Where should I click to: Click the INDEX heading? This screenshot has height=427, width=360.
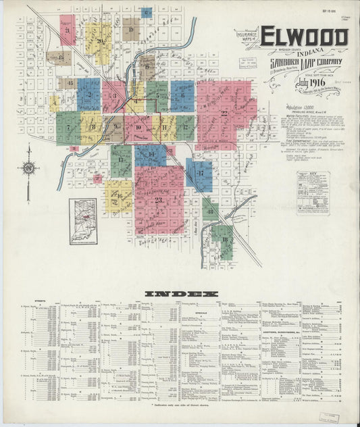click(180, 294)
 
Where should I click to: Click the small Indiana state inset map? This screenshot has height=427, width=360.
click(83, 221)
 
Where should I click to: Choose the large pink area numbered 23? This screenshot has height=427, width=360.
click(159, 200)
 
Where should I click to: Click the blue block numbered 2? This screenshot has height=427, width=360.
click(88, 95)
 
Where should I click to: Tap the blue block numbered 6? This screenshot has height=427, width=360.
click(182, 95)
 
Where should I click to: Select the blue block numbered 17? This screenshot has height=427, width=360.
click(200, 174)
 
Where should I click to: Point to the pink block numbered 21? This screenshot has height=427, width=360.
click(68, 30)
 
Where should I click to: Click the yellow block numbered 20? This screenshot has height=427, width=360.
click(99, 42)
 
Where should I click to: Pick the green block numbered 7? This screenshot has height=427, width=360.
click(68, 128)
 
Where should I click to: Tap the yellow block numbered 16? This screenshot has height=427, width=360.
click(119, 196)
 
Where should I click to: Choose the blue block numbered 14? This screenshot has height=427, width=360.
click(150, 155)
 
